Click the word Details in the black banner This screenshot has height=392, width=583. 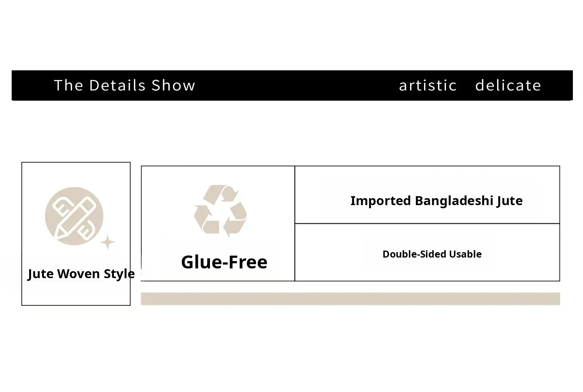click(117, 85)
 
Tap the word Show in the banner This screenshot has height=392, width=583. click(173, 85)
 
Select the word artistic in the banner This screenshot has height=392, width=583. click(428, 85)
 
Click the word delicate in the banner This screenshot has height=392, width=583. click(508, 85)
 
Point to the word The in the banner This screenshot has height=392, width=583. click(69, 85)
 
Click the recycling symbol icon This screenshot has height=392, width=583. click(220, 211)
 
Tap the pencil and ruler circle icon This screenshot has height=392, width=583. click(74, 216)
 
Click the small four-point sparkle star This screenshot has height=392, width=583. click(108, 242)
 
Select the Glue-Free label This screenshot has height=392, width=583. click(224, 262)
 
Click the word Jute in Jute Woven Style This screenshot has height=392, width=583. click(40, 274)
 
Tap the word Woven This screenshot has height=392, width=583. click(79, 274)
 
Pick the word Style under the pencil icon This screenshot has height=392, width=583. click(119, 274)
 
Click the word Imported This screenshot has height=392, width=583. click(381, 201)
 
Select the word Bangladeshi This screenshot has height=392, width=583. click(454, 201)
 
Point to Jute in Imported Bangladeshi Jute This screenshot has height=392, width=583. click(510, 201)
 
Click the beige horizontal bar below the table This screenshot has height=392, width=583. click(350, 299)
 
